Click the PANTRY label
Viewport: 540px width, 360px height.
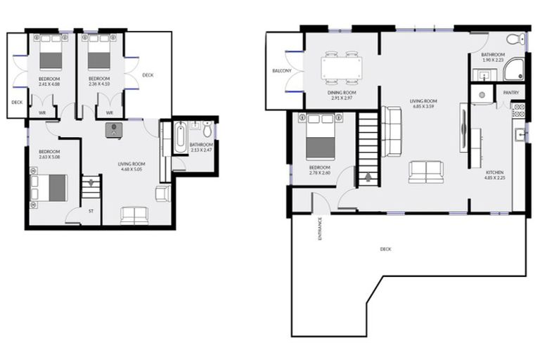pos(510,91)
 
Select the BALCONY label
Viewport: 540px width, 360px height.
pos(281,71)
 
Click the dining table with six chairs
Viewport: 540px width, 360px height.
pos(342,68)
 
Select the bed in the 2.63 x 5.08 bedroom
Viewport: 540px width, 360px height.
pos(49,188)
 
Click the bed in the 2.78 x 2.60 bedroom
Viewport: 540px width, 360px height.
pos(321,136)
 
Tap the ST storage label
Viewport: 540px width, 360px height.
pos(91,210)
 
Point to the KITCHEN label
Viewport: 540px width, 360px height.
pos(495,172)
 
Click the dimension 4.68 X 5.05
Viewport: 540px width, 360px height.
pos(131,169)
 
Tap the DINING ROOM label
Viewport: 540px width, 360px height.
pos(342,93)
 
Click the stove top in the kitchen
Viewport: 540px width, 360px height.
pos(519,110)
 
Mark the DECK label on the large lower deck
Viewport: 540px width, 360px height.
pos(385,249)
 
